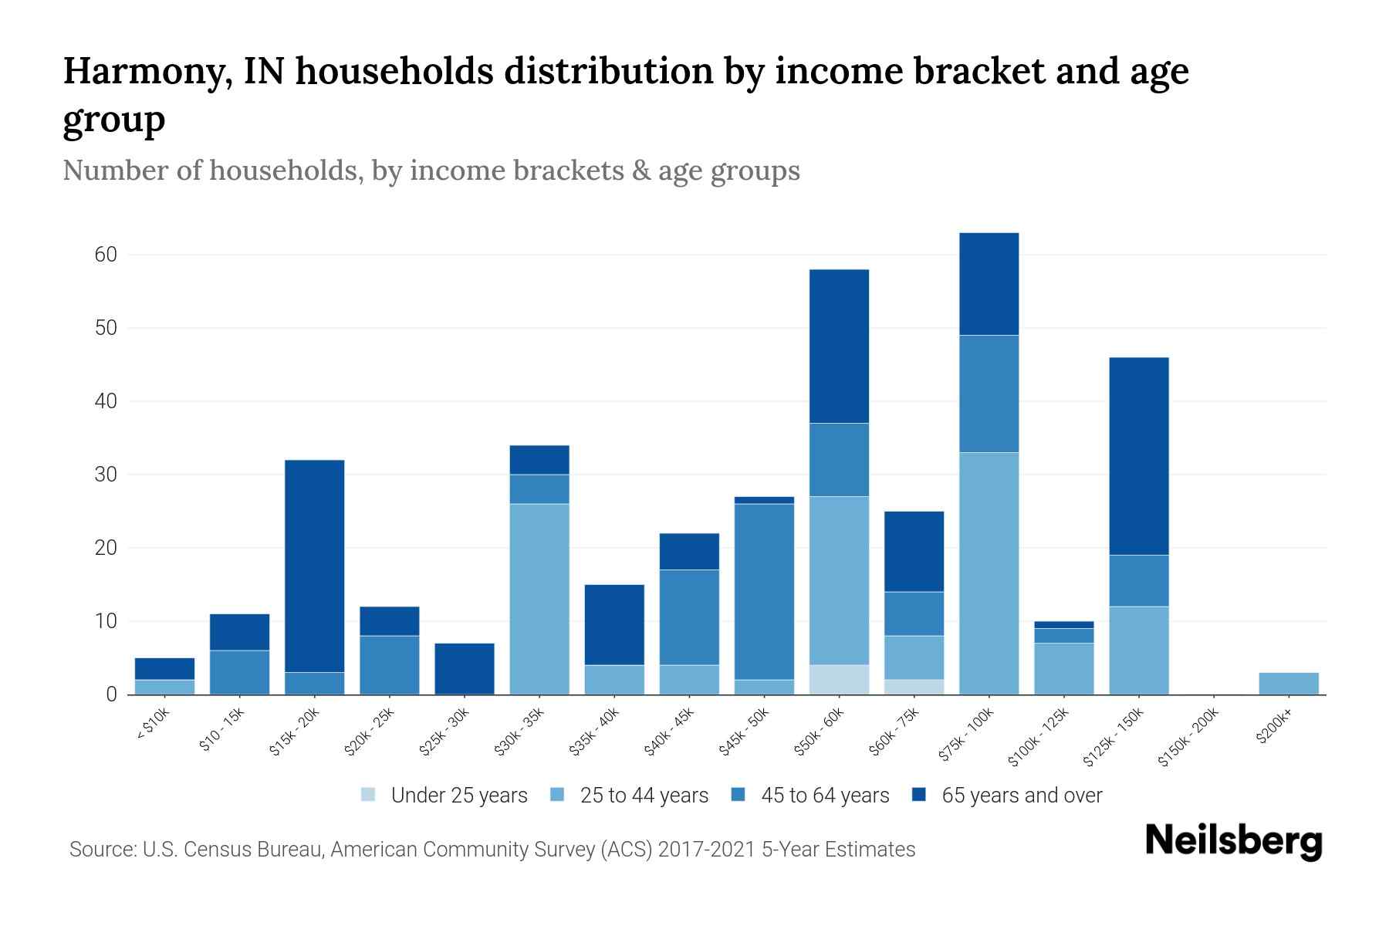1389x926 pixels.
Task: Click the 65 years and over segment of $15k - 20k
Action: (x=315, y=566)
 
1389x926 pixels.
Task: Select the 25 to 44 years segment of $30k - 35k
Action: (x=539, y=599)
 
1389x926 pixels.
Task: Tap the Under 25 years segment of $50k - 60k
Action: (x=839, y=679)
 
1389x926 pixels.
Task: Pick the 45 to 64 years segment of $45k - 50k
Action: (x=764, y=592)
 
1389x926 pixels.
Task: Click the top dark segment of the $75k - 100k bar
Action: (x=989, y=284)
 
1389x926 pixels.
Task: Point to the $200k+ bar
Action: (x=1288, y=684)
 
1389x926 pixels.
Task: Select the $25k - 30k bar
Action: (x=465, y=669)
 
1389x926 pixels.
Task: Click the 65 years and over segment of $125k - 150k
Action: (x=1138, y=456)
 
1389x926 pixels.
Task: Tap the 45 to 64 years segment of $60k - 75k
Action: (x=914, y=613)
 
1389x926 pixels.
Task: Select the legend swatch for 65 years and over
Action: (x=919, y=795)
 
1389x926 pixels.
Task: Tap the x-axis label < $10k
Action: (x=154, y=726)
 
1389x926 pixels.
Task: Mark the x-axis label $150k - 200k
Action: (x=1189, y=738)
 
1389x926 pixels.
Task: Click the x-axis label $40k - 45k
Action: (x=670, y=732)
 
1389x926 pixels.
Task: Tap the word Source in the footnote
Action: (x=101, y=850)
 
